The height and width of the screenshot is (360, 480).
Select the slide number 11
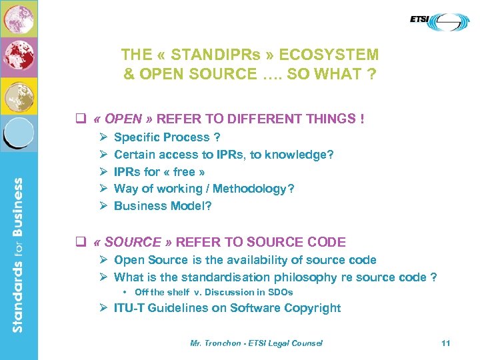click(446, 343)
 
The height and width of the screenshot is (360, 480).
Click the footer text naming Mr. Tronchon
click(256, 343)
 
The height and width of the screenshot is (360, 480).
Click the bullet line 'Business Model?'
click(163, 206)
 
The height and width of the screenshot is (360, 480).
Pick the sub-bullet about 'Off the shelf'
click(213, 292)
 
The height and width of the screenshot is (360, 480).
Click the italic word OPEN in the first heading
click(123, 119)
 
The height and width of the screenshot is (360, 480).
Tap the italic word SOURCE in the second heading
click(133, 243)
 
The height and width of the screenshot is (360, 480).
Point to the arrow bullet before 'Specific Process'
click(103, 137)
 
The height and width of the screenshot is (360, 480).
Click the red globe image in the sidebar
click(19, 56)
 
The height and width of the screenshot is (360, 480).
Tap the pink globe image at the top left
click(19, 18)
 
